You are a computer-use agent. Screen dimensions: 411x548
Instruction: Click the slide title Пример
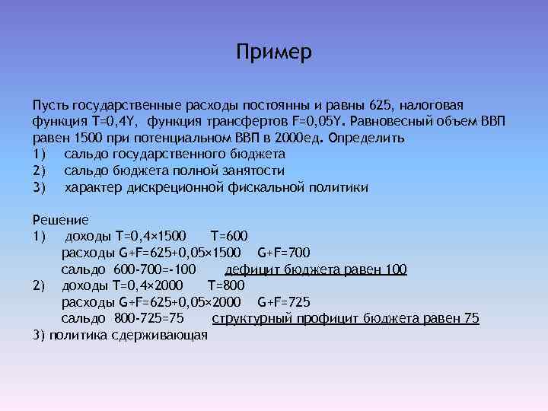[274, 54]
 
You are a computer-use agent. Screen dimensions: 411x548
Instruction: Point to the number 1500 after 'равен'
[87, 138]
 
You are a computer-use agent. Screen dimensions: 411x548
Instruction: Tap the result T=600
[228, 235]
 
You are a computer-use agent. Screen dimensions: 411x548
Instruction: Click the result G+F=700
[284, 252]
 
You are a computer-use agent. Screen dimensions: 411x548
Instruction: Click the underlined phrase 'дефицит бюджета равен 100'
[316, 269]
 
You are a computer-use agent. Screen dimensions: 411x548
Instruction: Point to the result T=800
[226, 285]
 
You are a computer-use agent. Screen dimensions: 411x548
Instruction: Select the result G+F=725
[284, 302]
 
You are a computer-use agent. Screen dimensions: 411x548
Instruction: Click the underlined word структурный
[250, 318]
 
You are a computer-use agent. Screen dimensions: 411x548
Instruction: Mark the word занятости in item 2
[252, 170]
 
